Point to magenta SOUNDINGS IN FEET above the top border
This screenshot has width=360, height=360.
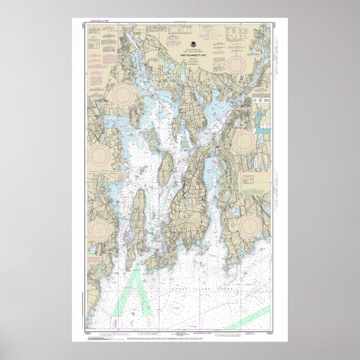click(x=85, y=21)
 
